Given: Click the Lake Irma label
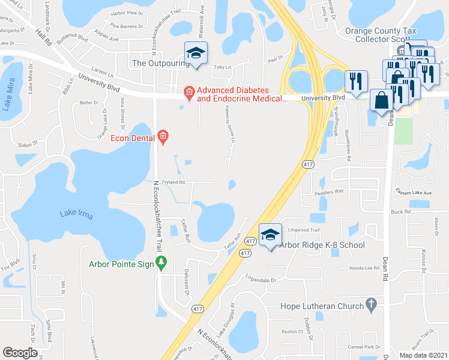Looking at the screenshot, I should pyautogui.click(x=76, y=215).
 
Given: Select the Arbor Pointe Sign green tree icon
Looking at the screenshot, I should pyautogui.click(x=161, y=263).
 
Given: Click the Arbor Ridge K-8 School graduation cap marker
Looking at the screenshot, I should pyautogui.click(x=271, y=235).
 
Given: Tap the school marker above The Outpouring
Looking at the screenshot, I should pyautogui.click(x=196, y=53).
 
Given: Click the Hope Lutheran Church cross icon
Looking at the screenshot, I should pyautogui.click(x=372, y=305).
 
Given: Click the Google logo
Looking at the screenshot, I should pyautogui.click(x=20, y=353).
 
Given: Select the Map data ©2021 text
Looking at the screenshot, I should pyautogui.click(x=423, y=355).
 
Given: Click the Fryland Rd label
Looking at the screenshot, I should pyautogui.click(x=172, y=182).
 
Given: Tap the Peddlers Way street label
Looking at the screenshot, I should pyautogui.click(x=331, y=191).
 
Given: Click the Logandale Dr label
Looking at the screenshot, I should pyautogui.click(x=264, y=279).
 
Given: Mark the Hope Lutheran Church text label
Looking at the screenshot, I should pyautogui.click(x=322, y=305).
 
